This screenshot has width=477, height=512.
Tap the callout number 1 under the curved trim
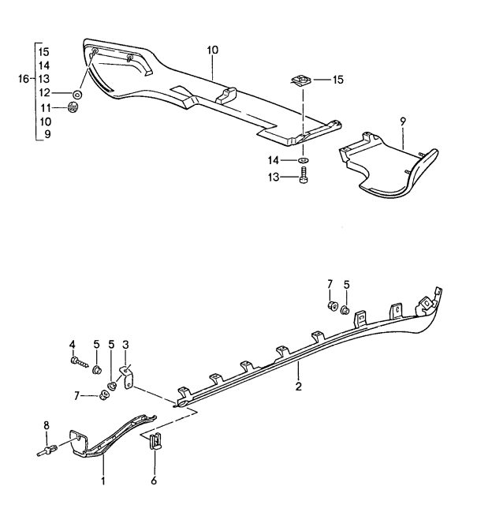point(102,479)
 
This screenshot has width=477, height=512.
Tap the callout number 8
point(47,426)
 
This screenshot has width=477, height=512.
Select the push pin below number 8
point(49,452)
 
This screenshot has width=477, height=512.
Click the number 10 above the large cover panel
point(212,50)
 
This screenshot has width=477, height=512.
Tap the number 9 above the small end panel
point(402,121)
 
